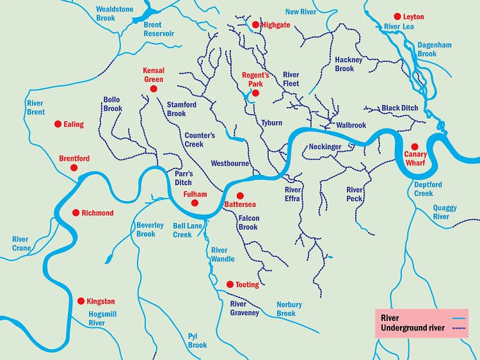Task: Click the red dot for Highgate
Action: click(x=255, y=25)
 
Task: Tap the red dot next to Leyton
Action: click(x=397, y=16)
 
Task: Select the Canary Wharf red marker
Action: click(x=414, y=147)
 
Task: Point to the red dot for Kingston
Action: click(x=81, y=301)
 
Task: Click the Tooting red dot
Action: click(x=230, y=284)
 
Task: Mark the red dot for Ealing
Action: click(x=58, y=124)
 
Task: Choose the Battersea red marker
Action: click(x=240, y=195)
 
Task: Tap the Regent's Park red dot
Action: click(x=255, y=93)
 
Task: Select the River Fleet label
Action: click(x=291, y=79)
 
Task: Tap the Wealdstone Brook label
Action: click(x=114, y=13)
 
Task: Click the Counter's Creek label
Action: click(x=200, y=140)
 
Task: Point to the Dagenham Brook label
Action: click(x=436, y=50)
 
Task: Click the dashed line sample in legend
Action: click(x=458, y=329)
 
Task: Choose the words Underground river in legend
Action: click(x=413, y=329)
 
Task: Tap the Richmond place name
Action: click(x=97, y=213)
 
